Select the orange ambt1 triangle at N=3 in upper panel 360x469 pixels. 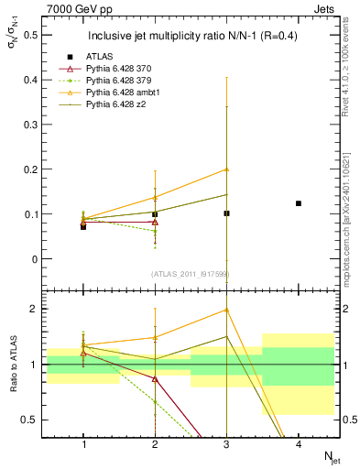[x=227, y=169]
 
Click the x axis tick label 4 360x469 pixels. [x=299, y=443]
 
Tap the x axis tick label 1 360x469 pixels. [x=83, y=443]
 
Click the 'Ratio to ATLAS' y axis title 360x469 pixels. [x=13, y=365]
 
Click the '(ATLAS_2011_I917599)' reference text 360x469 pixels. [x=191, y=274]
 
